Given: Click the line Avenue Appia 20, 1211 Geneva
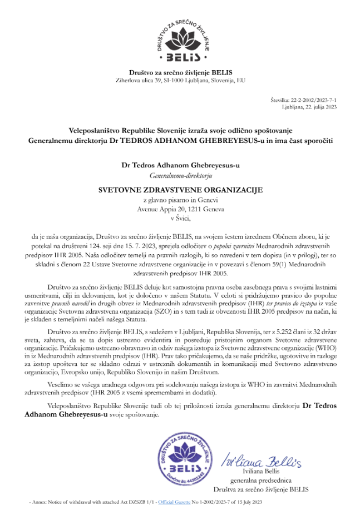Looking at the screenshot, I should point(180,209).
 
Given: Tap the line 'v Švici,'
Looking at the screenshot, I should point(180,217).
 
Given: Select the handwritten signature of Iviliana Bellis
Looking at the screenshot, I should point(261,461).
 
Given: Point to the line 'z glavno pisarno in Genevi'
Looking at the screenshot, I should point(180,200).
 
